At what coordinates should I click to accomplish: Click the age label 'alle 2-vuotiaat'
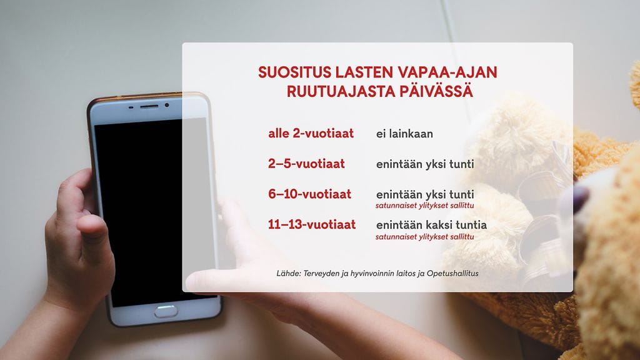pos(311,133)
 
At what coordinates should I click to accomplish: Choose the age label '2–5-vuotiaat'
pos(306,164)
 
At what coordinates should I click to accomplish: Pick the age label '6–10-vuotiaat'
pos(309,194)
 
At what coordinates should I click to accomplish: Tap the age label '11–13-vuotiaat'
pos(312,224)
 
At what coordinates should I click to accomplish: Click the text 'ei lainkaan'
pos(404,134)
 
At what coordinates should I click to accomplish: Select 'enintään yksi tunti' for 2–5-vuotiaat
pos(425,164)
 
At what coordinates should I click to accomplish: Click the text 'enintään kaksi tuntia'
pos(431,224)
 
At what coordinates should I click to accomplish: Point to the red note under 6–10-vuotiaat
pos(424,206)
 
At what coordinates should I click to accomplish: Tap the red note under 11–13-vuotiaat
pos(424,237)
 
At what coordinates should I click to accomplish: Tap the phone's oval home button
pos(166,311)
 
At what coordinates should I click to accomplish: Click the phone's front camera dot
pos(167,106)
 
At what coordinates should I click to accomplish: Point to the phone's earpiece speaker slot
pos(149,106)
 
